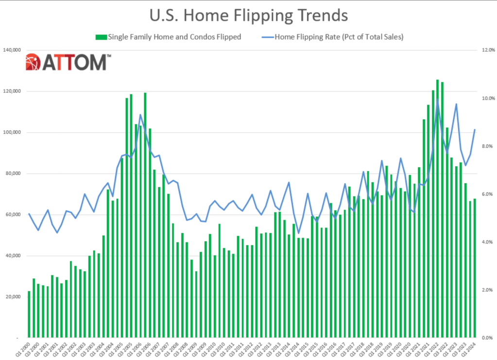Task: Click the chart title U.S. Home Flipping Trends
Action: tap(248, 16)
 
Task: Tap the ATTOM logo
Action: tap(69, 62)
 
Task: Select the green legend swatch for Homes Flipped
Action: tap(101, 36)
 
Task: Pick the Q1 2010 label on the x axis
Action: tap(209, 348)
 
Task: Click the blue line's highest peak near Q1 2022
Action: tap(437, 100)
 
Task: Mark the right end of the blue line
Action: tap(475, 130)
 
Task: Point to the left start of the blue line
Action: tap(29, 214)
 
